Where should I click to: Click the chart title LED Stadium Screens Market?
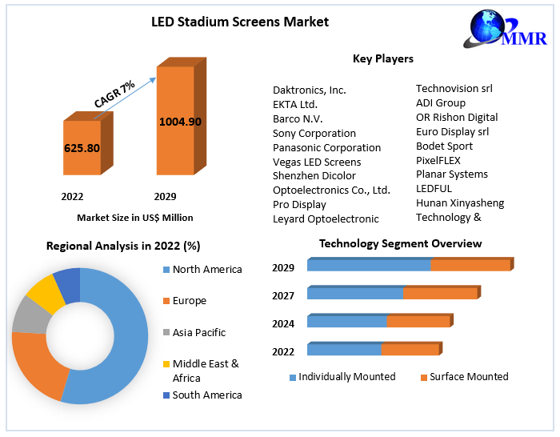(240, 22)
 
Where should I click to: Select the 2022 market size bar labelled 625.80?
(82, 148)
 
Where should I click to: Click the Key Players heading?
(382, 58)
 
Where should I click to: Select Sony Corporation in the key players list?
(314, 134)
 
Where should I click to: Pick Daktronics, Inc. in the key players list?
(310, 90)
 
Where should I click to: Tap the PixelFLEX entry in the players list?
(438, 160)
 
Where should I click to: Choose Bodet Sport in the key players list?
(444, 146)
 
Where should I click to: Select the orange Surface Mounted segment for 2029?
(470, 265)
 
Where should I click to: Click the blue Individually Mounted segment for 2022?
(344, 350)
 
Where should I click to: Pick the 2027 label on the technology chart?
(283, 295)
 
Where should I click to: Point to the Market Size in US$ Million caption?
(135, 218)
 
